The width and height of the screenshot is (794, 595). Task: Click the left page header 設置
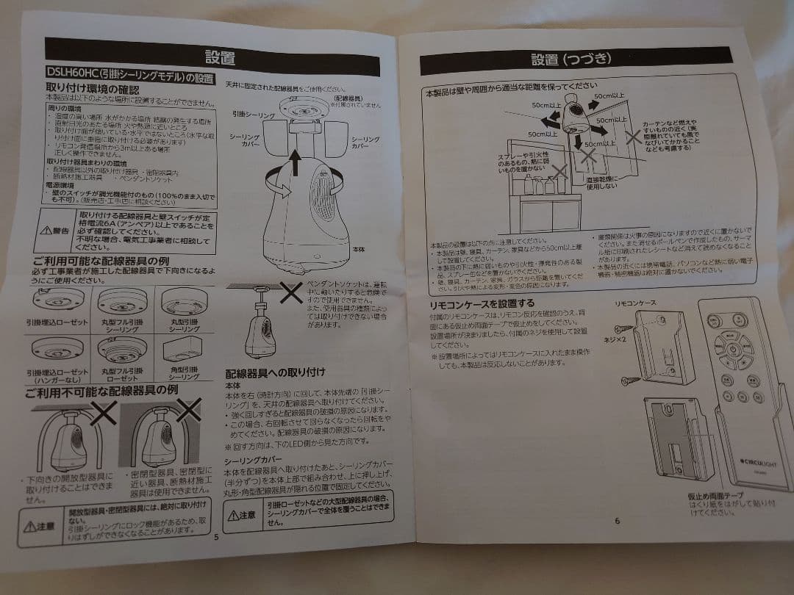tap(221, 57)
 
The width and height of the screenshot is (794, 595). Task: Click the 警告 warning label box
tap(54, 231)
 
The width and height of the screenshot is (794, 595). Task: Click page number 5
tap(215, 535)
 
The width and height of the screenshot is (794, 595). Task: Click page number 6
tap(617, 521)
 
